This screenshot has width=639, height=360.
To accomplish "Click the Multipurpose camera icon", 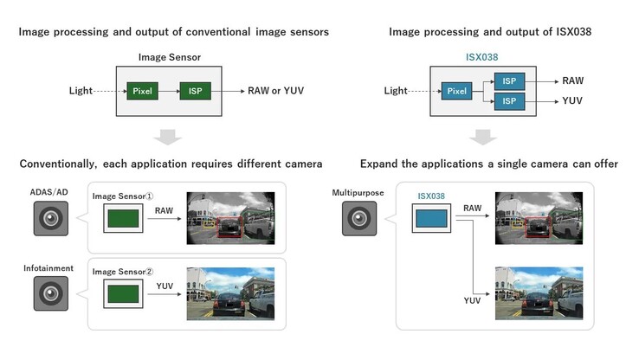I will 358,219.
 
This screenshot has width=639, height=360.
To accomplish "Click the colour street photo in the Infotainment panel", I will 230,295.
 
